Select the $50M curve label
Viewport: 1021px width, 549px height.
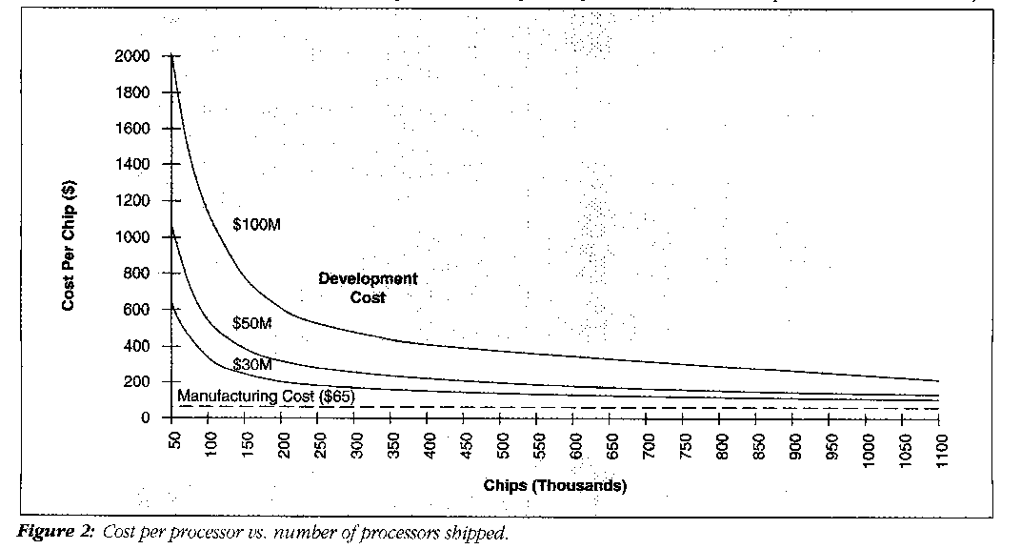coord(252,324)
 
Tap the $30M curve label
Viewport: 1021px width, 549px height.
coord(252,365)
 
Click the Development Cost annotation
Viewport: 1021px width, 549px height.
coord(368,288)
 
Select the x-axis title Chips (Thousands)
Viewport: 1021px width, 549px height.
coord(554,486)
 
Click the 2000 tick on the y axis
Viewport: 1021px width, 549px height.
coord(131,56)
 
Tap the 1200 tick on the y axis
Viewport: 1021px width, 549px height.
coord(131,201)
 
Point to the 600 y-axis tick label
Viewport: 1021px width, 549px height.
coord(136,310)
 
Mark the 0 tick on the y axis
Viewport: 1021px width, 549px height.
coord(144,418)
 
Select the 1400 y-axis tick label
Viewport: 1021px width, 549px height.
coord(131,165)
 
